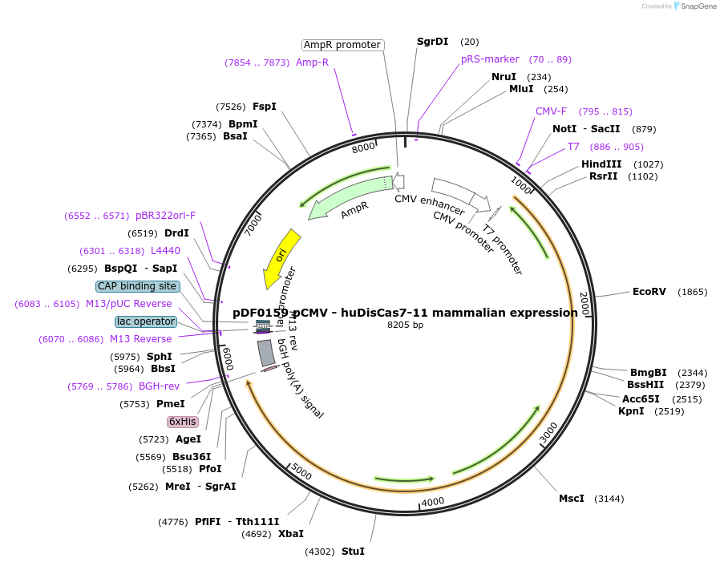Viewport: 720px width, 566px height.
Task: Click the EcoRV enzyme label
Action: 649,292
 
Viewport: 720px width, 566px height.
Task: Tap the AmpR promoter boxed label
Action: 342,45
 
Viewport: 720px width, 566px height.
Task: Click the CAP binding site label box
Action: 137,286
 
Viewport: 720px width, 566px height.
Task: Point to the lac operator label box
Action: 145,321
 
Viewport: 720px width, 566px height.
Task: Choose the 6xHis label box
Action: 182,422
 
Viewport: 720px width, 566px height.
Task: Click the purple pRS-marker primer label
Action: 490,59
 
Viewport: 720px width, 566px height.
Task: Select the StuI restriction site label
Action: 353,552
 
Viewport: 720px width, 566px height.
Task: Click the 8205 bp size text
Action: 405,325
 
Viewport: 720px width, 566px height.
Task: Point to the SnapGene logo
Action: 696,6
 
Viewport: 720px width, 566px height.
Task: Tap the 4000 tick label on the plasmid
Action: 433,502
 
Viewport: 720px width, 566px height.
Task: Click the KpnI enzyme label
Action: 631,411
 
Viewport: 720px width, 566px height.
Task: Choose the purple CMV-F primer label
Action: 551,111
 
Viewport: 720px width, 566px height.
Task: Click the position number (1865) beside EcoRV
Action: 693,292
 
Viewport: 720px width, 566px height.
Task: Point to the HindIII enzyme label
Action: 601,164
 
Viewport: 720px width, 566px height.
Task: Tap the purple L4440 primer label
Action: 165,251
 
